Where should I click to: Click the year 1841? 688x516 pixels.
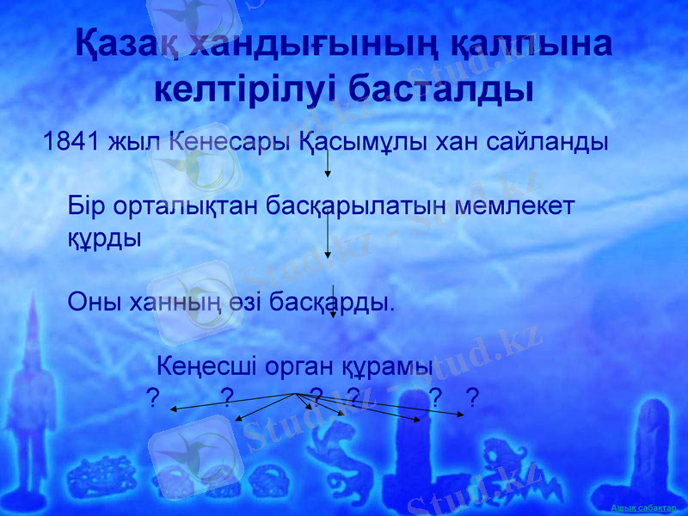pyautogui.click(x=71, y=142)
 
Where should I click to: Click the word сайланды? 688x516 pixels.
pyautogui.click(x=547, y=142)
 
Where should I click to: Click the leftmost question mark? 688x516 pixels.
pyautogui.click(x=152, y=396)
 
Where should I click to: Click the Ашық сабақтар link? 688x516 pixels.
pyautogui.click(x=648, y=509)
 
